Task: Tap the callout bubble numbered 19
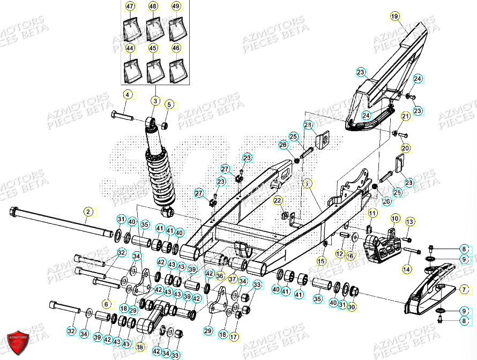pos(394,17)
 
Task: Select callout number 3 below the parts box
pos(154,100)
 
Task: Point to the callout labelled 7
pos(465,289)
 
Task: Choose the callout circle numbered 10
pos(394,219)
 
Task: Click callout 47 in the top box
pos(130,6)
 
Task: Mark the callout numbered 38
pos(140,347)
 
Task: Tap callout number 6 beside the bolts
pos(106,304)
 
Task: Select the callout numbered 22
pos(277,200)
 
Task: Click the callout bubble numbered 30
pos(352,307)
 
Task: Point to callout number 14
pos(406,270)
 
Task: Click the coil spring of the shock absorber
pos(162,171)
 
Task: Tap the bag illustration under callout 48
pos(153,29)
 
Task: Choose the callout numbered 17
pos(234,337)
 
